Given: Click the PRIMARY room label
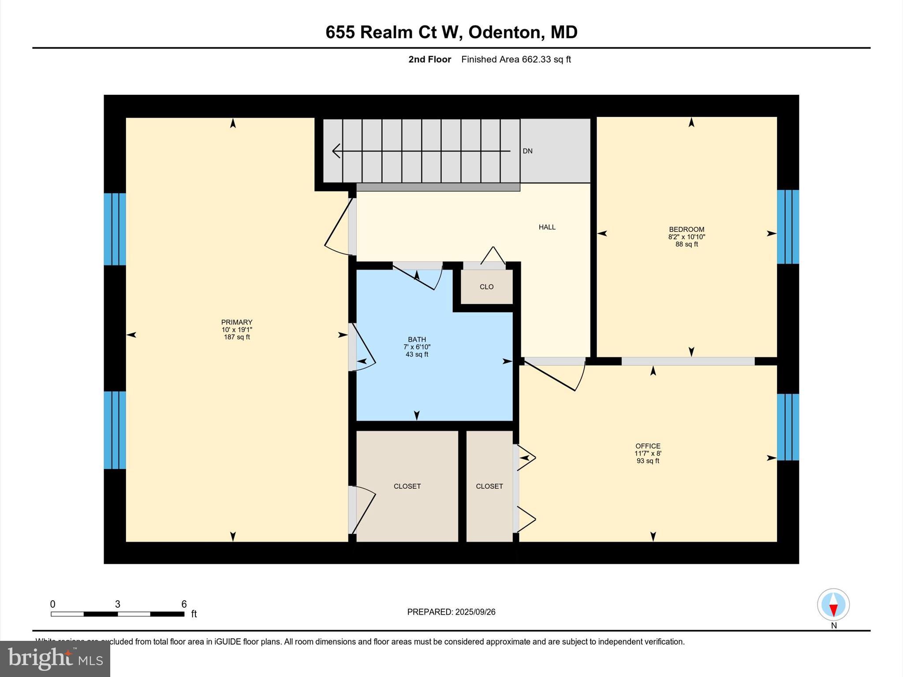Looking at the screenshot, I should point(237,322).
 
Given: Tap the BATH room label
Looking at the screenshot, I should point(417,339).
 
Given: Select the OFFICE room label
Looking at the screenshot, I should point(648,446).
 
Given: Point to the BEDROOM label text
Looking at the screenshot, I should point(687,229).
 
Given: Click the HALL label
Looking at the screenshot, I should point(547,227).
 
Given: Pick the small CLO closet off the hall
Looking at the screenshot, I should point(486,287).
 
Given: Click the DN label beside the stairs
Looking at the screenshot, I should point(527,151).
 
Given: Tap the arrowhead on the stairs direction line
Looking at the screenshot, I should point(336,151).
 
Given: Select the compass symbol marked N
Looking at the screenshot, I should point(833,605).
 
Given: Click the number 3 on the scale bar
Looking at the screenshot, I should point(118,604).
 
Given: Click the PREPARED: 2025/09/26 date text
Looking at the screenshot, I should point(451,612).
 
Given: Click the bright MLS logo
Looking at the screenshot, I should point(55,658).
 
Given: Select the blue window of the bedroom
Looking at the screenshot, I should point(787,227).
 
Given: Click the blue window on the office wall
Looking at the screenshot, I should point(787,427).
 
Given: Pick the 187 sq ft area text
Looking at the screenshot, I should point(237,337).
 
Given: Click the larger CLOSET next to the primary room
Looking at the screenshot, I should point(407,486).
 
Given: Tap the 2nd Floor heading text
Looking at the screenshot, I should point(429,60).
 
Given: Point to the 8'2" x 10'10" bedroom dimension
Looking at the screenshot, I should point(687,237).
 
